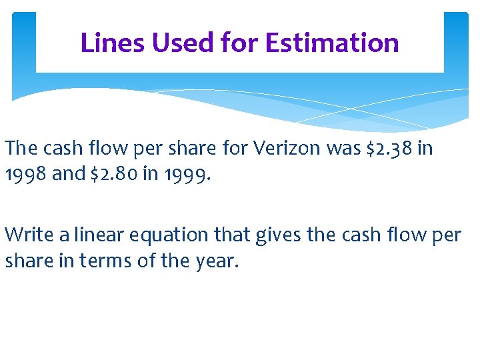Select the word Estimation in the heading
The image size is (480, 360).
332,43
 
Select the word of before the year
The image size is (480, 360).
147,260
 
